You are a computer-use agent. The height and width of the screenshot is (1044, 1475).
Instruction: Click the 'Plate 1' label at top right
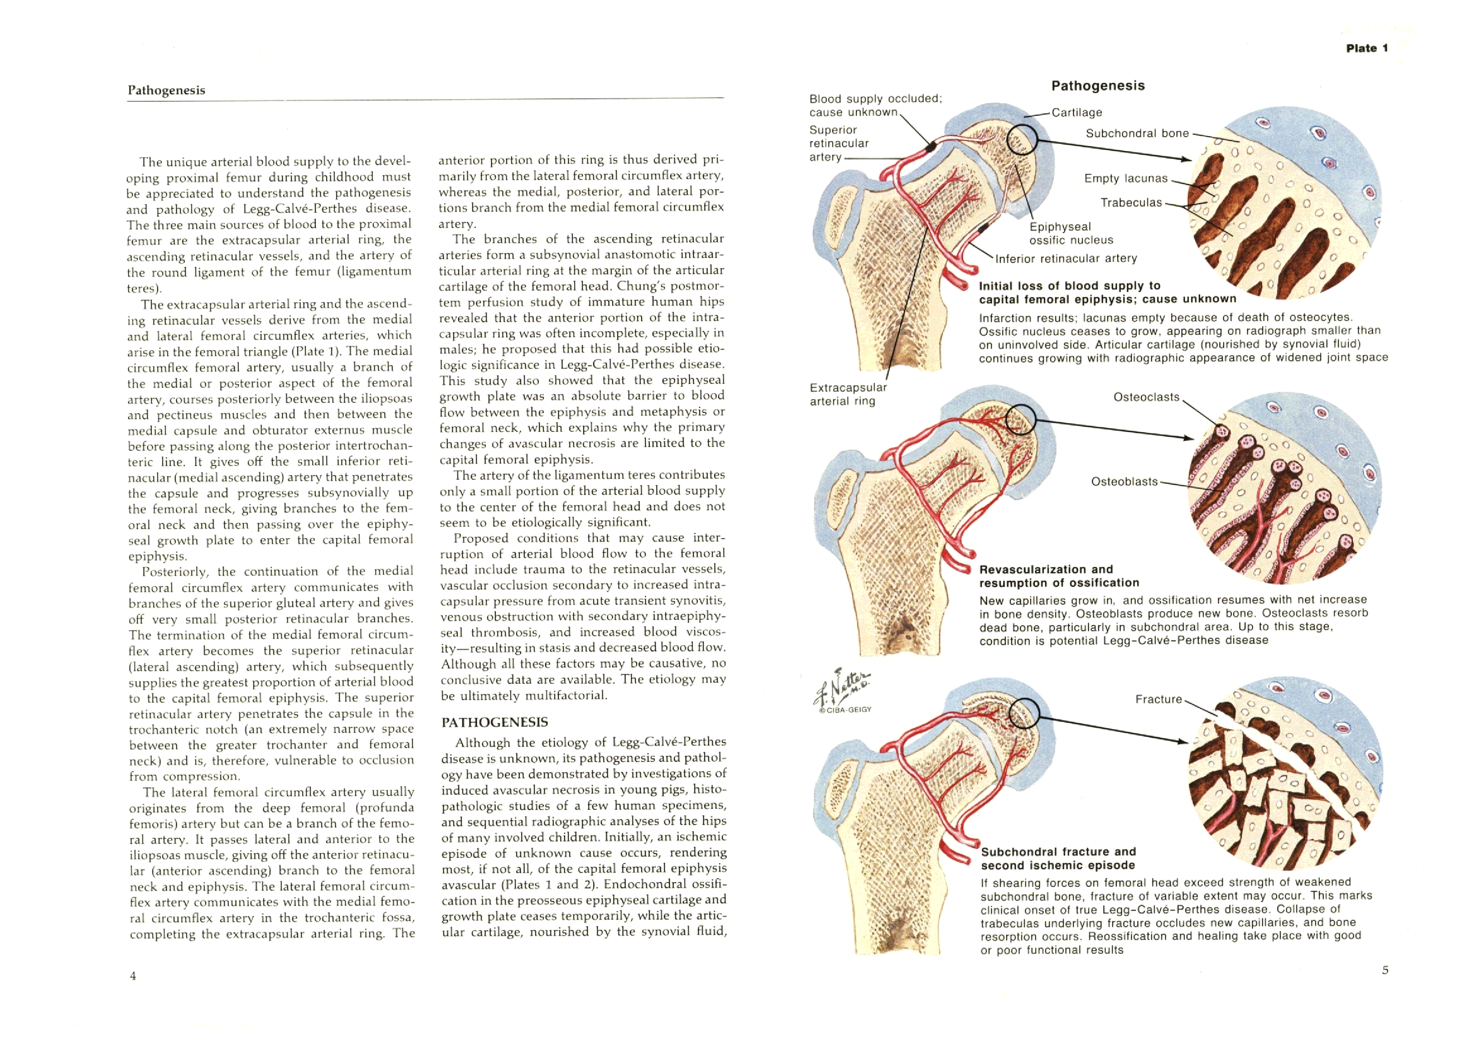point(1367,48)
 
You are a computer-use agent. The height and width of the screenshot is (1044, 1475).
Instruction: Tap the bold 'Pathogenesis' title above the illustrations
point(1098,85)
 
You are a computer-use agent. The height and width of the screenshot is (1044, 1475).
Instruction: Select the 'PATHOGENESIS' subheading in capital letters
point(494,722)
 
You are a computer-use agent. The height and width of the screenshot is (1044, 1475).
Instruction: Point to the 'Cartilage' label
point(1076,113)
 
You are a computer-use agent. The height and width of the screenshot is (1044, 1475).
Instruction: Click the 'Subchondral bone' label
point(1137,133)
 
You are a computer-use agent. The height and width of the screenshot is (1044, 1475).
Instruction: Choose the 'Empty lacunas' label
point(1125,178)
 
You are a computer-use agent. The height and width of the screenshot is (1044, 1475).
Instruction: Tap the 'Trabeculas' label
point(1131,203)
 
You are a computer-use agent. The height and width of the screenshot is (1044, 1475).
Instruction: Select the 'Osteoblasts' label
point(1124,481)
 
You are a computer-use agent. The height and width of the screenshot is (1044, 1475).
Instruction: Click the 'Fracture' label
point(1158,699)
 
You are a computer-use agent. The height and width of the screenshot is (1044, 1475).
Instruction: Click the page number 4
point(133,976)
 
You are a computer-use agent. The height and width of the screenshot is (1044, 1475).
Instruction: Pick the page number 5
point(1385,970)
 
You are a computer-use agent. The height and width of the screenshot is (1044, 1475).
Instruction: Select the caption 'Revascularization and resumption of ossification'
point(1059,576)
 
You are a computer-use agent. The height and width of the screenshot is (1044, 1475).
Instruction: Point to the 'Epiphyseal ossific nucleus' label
point(1071,233)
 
